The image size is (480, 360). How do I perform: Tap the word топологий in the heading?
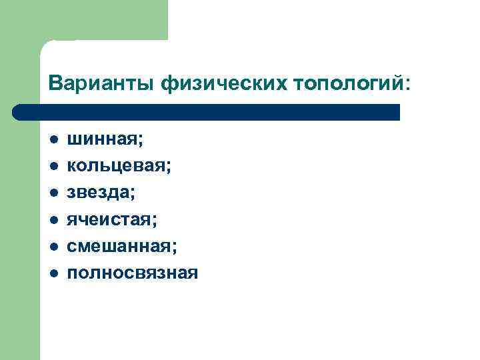tap(347, 84)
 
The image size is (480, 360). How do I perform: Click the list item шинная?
tap(105, 141)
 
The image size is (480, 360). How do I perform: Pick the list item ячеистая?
tap(111, 219)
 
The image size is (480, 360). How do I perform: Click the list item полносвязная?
tap(132, 272)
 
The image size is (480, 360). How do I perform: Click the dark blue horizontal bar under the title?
tap(207, 112)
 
